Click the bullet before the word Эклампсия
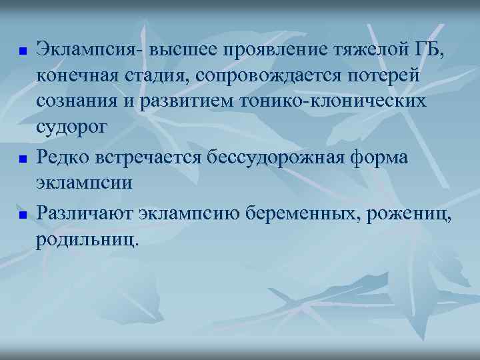point(21,51)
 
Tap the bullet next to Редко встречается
point(21,160)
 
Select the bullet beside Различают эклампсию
point(21,215)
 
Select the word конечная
point(75,76)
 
